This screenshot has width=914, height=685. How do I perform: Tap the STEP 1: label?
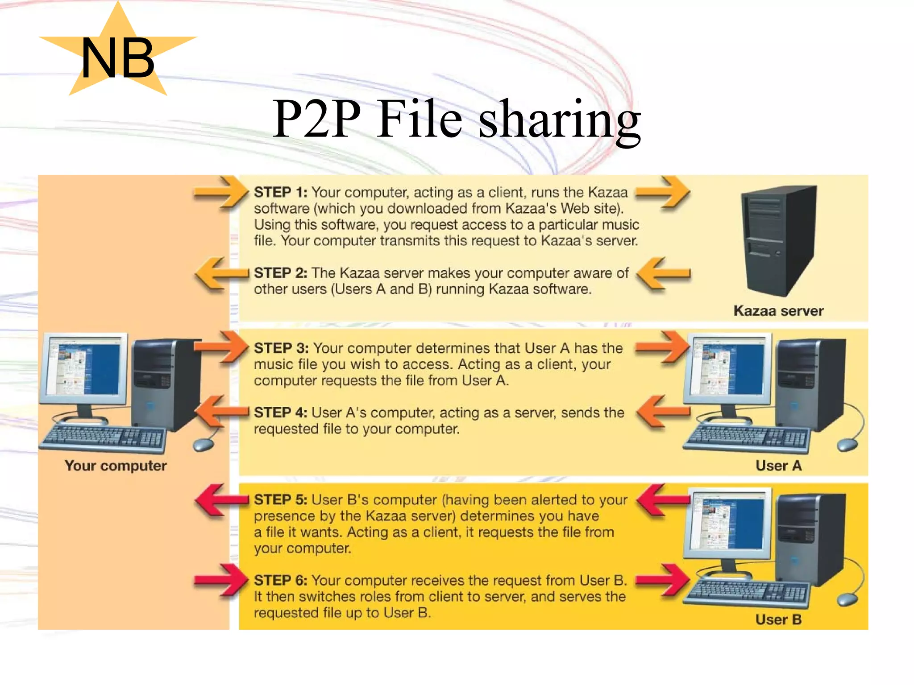280,193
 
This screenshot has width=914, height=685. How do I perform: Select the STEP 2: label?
280,273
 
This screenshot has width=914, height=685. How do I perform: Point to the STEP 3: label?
281,348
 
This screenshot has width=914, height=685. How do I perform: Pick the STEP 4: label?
280,413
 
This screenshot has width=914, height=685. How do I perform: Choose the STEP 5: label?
280,500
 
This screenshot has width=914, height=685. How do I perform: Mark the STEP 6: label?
280,581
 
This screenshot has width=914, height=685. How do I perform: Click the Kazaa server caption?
778,311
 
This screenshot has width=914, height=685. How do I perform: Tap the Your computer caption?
116,466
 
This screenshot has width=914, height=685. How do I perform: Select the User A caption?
778,466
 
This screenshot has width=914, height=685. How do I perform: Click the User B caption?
778,620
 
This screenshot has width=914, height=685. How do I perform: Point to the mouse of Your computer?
203,444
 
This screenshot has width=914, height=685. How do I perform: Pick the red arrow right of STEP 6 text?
662,580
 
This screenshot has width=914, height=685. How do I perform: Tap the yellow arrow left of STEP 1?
220,193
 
